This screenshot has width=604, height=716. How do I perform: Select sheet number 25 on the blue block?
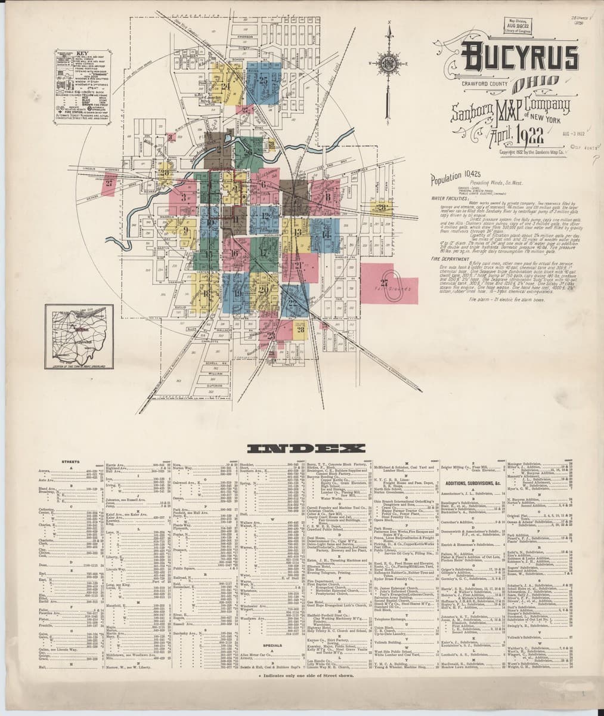tap(263, 79)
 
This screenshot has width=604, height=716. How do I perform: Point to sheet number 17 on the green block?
tap(264, 252)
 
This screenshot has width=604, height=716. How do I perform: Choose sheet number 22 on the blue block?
tap(292, 303)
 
